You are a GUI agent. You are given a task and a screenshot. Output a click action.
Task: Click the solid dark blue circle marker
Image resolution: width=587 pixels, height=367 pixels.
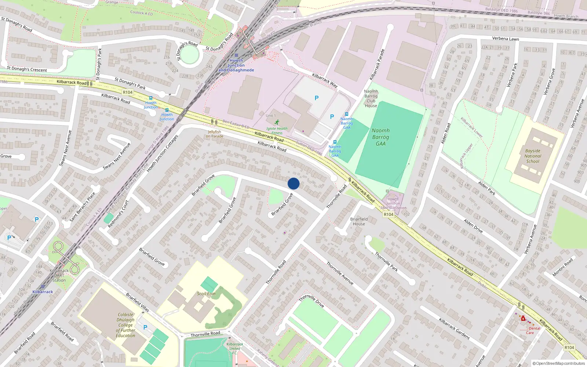click(293, 183)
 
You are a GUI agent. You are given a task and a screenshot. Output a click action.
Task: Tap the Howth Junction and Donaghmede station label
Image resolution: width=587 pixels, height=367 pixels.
click(236, 65)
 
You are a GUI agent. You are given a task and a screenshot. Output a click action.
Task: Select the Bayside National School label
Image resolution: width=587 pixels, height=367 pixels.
click(533, 156)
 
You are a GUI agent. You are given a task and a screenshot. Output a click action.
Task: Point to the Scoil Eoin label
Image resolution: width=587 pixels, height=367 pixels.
click(206, 294)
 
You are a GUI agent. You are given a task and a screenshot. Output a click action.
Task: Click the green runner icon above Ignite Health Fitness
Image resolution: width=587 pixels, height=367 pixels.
click(277, 122)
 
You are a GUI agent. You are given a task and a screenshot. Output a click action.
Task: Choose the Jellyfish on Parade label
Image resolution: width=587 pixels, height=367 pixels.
click(215, 134)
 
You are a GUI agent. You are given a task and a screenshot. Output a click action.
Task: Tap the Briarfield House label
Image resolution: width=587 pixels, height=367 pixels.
click(359, 221)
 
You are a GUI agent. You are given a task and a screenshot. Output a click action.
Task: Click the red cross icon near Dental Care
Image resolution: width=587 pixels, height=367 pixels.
click(523, 319)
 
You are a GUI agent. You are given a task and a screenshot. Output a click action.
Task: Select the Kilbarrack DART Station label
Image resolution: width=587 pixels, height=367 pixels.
click(59, 275)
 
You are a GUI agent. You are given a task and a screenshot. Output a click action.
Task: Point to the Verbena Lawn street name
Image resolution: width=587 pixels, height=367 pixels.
click(505, 39)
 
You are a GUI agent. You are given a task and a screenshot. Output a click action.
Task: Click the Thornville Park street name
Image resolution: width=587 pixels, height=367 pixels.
click(386, 261)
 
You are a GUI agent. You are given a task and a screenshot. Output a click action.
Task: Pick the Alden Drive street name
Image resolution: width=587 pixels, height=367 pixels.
click(473, 226)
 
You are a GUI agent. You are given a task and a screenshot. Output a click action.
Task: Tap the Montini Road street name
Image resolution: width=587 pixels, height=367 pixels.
click(562, 268)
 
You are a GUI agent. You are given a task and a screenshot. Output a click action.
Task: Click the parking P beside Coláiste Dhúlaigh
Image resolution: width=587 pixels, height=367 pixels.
click(145, 327)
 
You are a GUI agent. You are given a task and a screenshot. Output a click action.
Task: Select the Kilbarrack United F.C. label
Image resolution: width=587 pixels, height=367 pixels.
click(235, 348)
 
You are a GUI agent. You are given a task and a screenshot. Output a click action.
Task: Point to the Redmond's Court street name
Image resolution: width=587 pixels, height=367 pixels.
click(118, 214)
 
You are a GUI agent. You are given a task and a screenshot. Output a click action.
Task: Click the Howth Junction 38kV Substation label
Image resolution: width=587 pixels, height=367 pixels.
click(393, 203)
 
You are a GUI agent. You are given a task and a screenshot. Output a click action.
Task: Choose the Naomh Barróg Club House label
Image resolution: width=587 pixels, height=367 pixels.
click(371, 98)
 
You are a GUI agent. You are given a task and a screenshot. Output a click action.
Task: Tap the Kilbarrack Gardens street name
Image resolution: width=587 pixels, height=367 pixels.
click(454, 328)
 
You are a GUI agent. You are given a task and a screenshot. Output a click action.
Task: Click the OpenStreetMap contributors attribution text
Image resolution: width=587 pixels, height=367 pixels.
click(559, 363)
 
